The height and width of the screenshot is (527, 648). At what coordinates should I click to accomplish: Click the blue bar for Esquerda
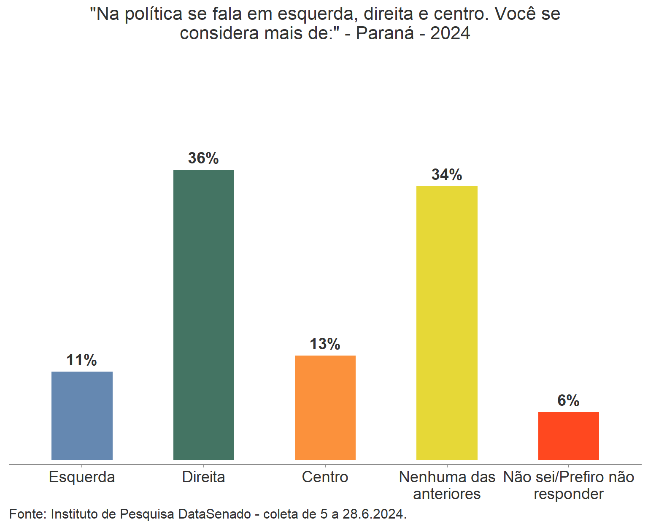click(x=82, y=416)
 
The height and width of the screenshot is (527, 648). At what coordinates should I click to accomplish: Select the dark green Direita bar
click(x=203, y=315)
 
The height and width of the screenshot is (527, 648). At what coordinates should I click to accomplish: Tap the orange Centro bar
click(x=325, y=407)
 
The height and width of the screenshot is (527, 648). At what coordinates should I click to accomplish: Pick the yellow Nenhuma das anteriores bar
click(x=447, y=323)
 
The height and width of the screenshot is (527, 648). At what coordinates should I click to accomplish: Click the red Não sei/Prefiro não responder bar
click(x=568, y=436)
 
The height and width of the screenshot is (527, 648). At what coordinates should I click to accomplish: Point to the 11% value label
click(x=81, y=360)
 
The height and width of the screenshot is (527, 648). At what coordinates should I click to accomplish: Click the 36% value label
click(x=203, y=158)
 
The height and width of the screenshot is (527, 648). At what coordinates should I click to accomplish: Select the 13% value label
click(x=325, y=344)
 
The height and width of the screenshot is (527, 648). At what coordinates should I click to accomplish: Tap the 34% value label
click(x=447, y=175)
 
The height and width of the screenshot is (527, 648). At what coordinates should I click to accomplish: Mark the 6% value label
click(x=568, y=400)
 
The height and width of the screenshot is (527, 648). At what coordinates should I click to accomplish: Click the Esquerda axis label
click(x=82, y=477)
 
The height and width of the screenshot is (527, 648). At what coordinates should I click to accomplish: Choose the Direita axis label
click(x=203, y=477)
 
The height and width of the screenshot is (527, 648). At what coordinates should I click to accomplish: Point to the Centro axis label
click(x=325, y=477)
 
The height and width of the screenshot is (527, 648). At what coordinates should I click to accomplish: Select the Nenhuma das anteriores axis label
click(x=447, y=485)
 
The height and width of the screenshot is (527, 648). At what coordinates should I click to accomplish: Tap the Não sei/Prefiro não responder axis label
click(x=568, y=485)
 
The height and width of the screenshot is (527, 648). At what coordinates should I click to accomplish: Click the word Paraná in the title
click(x=385, y=33)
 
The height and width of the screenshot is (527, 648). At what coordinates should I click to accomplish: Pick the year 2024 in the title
click(x=450, y=33)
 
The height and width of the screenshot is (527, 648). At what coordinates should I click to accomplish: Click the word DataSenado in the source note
click(x=215, y=514)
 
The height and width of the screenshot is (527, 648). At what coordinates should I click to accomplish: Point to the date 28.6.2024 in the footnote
click(x=374, y=514)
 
